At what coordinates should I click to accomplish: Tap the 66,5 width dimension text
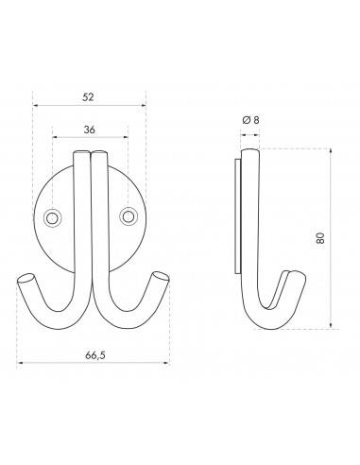[x=94, y=355]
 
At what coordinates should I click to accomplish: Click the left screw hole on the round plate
[x=53, y=218]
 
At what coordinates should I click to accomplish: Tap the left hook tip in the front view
[x=27, y=279]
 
